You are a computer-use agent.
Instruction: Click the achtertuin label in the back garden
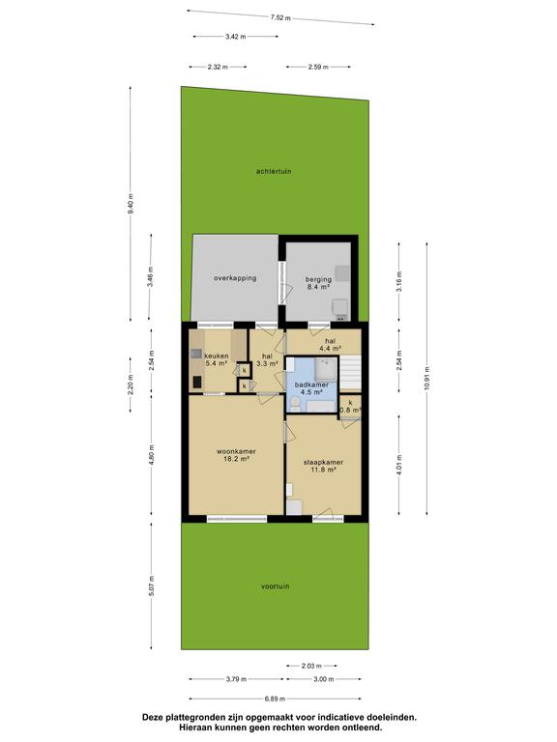point(274,171)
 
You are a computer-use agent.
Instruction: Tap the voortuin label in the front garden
point(276,586)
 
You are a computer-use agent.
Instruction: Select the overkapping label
point(235,278)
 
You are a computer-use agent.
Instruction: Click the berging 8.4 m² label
point(318,283)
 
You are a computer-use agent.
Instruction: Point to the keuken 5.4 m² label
point(217,359)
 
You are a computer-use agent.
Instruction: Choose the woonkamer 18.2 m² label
point(236,455)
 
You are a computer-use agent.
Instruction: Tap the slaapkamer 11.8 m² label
point(324,466)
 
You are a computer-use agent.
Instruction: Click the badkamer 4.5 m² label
point(311,388)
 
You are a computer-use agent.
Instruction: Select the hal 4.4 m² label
point(330,344)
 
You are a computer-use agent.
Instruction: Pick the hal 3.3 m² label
point(267,359)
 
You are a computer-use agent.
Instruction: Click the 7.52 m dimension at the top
point(280,18)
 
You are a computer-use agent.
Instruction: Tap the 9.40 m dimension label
point(131,204)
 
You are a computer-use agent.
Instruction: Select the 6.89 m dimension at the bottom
point(275,699)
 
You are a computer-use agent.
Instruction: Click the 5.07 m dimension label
point(152,585)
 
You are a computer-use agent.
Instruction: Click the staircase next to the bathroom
point(350,373)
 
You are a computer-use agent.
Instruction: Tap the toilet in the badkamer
point(296,403)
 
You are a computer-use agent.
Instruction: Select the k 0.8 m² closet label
point(350,407)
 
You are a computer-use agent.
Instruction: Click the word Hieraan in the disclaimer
point(195,728)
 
